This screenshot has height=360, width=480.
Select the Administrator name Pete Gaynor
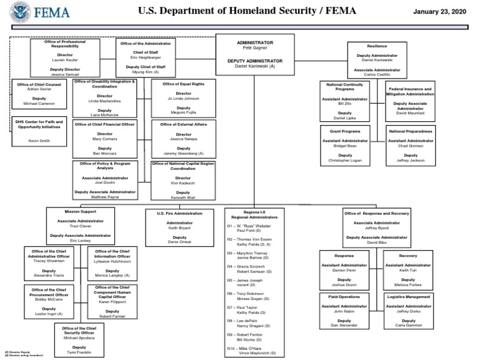tap(255, 47)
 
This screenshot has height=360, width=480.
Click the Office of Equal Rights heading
tap(183, 84)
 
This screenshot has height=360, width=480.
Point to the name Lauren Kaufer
tap(57, 60)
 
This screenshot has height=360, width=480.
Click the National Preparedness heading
tap(410, 132)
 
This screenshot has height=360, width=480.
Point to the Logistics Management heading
tap(409, 296)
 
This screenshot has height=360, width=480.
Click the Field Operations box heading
tap(344, 296)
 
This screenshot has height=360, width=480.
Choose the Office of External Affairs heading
tap(183, 124)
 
